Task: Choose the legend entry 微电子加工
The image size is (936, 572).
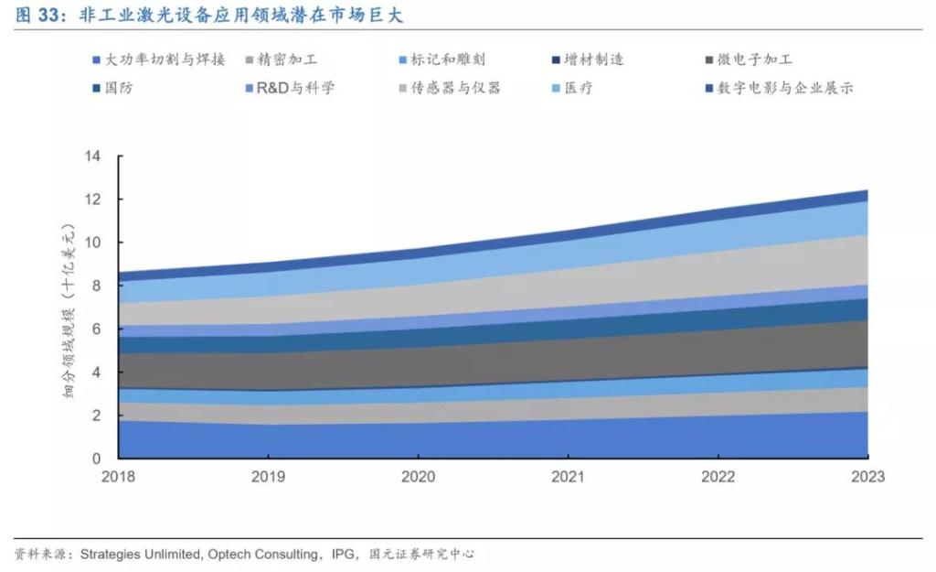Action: [755, 60]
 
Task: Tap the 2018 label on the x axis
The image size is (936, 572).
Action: [119, 477]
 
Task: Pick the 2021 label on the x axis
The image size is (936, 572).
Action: [568, 477]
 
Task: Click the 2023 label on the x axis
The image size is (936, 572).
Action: [867, 477]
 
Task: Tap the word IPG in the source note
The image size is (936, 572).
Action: [343, 554]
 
